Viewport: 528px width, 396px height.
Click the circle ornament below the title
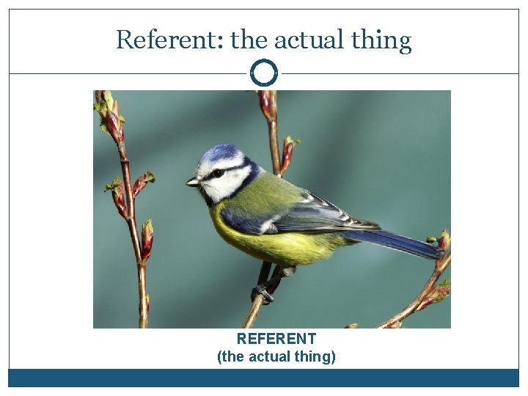coord(264,73)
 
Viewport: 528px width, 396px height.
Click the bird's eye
coord(217,174)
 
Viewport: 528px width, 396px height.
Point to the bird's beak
coord(192,182)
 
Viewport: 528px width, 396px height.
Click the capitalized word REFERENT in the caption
coord(276,339)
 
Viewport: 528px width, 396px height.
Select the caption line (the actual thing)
coord(276,357)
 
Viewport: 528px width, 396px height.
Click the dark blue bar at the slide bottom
coord(264,378)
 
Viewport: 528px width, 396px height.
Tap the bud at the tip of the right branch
coord(443,241)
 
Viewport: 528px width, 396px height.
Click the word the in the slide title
coord(247,40)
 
